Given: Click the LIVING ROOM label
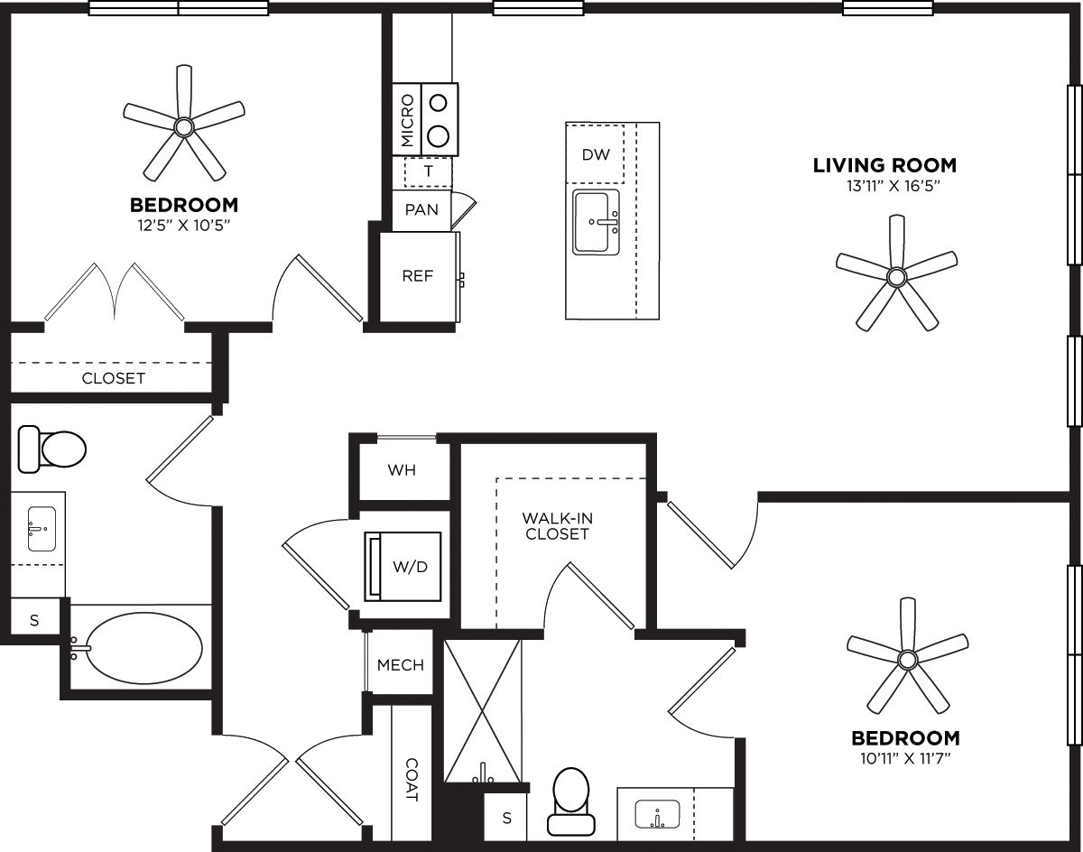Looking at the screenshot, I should point(884,165).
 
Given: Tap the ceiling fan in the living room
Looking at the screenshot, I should point(895,275).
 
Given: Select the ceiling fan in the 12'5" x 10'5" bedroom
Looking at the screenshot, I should point(184,125).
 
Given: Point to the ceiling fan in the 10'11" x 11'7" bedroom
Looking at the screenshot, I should point(906,659).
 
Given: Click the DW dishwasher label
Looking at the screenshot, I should point(596,154).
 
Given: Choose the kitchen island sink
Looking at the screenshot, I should point(596,223).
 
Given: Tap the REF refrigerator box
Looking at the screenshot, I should point(418,276).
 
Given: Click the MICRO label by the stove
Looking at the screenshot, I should point(407,120).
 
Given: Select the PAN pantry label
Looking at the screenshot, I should point(421,210).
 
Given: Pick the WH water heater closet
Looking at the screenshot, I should point(403,470).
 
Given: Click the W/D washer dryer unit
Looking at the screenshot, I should point(403,566).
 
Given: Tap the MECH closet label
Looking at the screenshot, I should point(401,665).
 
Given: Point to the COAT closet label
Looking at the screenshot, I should point(412,779).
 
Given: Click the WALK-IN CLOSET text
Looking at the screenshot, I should point(557,526).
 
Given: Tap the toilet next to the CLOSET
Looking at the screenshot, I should point(52,449).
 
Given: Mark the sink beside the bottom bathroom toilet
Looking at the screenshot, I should point(657,815).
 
